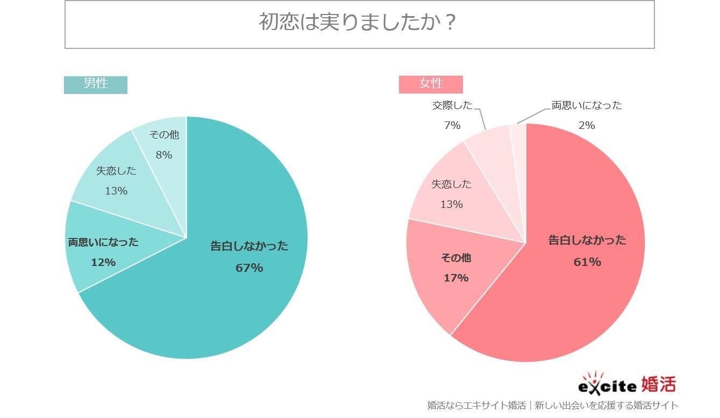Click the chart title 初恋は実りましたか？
[x=359, y=23]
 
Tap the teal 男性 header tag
[x=96, y=84]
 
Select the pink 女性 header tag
[x=431, y=84]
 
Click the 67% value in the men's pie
[x=249, y=268]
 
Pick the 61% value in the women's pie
[x=587, y=262]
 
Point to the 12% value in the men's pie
[x=103, y=262]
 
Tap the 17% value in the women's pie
[x=456, y=278]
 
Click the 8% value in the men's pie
[x=163, y=155]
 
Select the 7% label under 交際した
[x=452, y=125]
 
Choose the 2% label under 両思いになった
[x=587, y=125]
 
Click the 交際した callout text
[x=452, y=105]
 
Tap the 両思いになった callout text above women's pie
[x=587, y=105]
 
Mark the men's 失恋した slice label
[x=116, y=171]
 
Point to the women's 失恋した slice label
[x=452, y=184]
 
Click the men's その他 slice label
[x=164, y=135]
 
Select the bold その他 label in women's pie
[x=456, y=258]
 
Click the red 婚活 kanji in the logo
[x=658, y=385]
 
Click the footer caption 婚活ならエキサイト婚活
[x=476, y=406]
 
